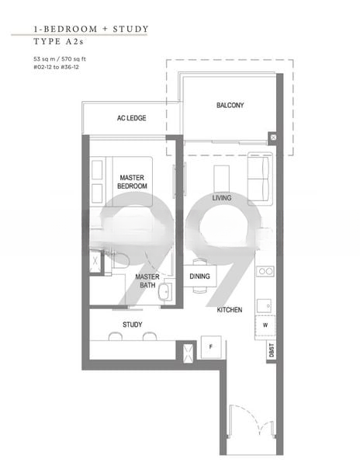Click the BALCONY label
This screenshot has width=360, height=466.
pos(230,105)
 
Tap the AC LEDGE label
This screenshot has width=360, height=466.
pos(131,118)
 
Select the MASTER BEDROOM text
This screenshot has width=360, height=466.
pos(132,182)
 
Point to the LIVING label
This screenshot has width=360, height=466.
pos(222,198)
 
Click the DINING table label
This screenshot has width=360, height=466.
pos(199,276)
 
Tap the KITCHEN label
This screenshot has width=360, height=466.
pos(230,310)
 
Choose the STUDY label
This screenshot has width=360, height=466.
pos(133,325)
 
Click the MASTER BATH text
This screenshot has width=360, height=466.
pos(147,281)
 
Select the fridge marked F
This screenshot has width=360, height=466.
pos(211,347)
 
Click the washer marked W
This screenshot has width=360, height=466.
pos(265,325)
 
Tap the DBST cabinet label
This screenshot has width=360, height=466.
pos(272,350)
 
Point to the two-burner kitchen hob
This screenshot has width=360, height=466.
pos(265,271)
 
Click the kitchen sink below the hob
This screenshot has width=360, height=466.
pos(264,306)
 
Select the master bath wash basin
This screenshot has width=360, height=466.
pos(164,293)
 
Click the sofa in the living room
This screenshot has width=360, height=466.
pos(260,179)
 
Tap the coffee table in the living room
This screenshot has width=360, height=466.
pos(221,179)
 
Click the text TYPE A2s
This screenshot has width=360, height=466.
pos(58,41)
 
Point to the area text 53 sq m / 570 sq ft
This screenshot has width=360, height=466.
pos(60,59)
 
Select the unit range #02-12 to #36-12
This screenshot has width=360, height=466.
pos(56,67)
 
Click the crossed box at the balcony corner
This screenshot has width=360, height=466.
pos(273,137)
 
